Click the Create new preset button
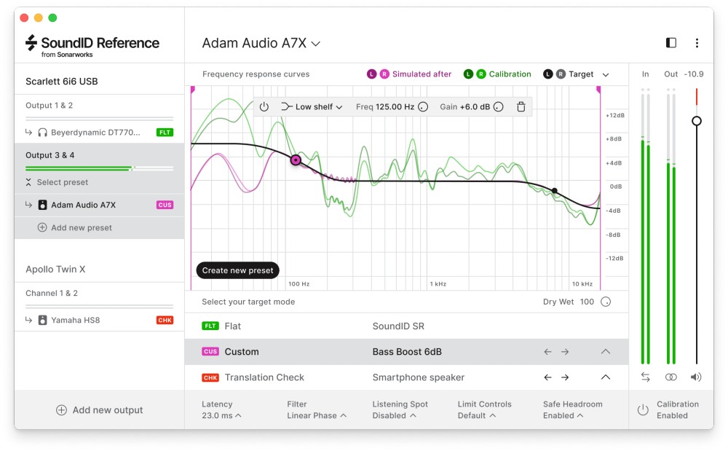point(237,270)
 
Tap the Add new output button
point(100,410)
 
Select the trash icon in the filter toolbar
point(521,107)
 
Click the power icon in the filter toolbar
point(264,107)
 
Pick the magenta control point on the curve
point(296,160)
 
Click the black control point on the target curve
point(555,191)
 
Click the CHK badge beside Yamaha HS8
point(165,320)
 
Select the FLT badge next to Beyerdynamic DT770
point(165,133)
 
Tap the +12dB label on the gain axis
point(614,116)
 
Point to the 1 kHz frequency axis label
point(438,283)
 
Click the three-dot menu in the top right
point(697,43)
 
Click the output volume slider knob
point(697,121)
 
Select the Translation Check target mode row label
point(264,377)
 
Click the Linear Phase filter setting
point(317,415)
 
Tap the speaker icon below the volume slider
point(697,377)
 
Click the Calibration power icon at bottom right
point(643,410)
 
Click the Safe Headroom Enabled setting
point(563,415)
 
